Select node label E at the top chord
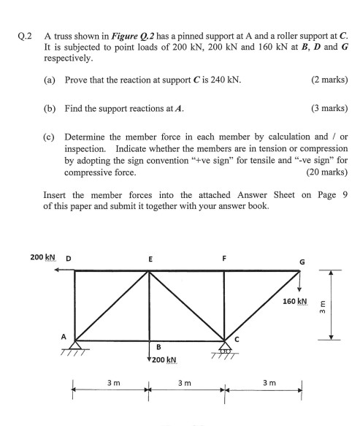pyautogui.click(x=150, y=259)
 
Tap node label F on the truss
pyautogui.click(x=224, y=258)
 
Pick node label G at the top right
pyautogui.click(x=302, y=262)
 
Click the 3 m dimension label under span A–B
pyautogui.click(x=113, y=381)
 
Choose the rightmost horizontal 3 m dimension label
pyautogui.click(x=262, y=381)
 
